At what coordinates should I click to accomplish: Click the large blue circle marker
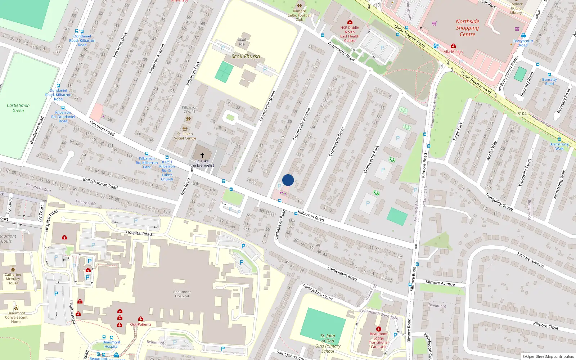[288, 180]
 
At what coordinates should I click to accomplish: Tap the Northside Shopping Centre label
[467, 28]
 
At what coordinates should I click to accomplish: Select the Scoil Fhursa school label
[246, 57]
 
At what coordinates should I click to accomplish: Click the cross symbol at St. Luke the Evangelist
[202, 155]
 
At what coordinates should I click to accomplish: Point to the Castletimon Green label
[18, 108]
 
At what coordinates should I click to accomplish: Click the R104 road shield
[522, 113]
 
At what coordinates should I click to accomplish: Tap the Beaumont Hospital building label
[182, 294]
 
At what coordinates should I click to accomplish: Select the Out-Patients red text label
[141, 324]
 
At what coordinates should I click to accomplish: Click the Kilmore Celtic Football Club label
[300, 15]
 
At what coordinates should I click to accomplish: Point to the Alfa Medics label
[453, 52]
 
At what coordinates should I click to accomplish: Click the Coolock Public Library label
[516, 8]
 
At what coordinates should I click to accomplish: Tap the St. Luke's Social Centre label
[185, 136]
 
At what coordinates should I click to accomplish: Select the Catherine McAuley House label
[13, 279]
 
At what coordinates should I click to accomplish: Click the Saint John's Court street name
[318, 292]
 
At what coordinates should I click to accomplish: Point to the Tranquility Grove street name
[499, 202]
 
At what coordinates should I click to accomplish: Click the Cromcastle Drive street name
[337, 142]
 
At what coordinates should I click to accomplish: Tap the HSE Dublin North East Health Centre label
[350, 34]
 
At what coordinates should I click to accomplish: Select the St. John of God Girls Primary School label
[328, 343]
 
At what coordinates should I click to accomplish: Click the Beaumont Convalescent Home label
[16, 318]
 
